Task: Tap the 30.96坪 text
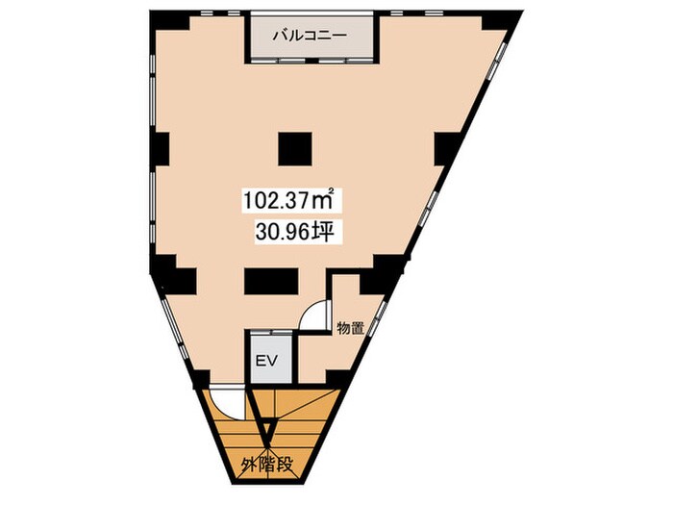294,232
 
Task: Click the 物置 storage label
350,328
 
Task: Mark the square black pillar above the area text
294,147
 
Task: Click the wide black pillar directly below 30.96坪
270,281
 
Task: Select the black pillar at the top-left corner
164,21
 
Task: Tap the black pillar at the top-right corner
494,21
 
